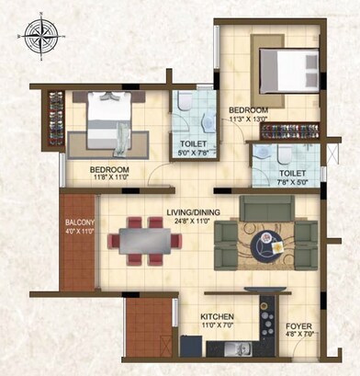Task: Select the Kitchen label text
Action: pos(218,316)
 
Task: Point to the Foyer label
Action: pos(298,326)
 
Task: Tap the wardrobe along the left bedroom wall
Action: pos(51,120)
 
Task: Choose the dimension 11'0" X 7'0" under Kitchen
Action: pos(218,325)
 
